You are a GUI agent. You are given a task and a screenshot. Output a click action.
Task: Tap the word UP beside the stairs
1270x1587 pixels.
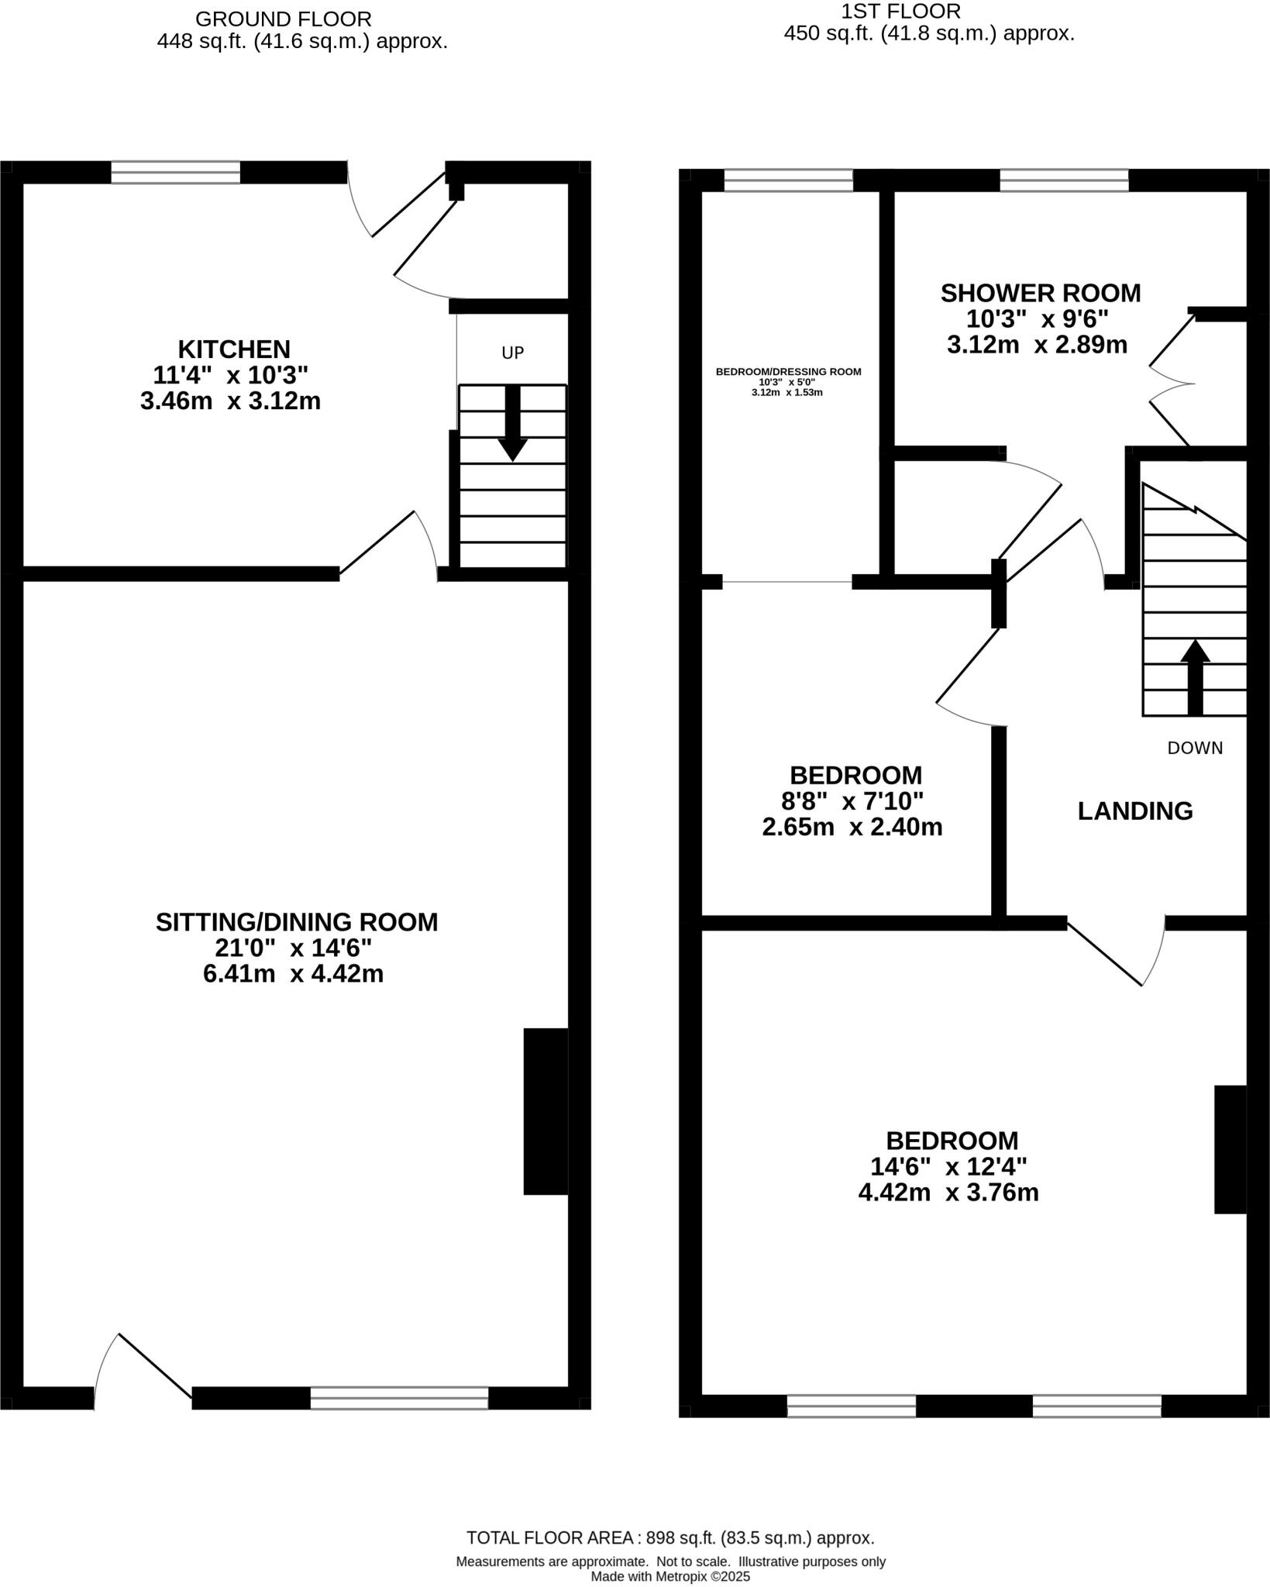pyautogui.click(x=513, y=353)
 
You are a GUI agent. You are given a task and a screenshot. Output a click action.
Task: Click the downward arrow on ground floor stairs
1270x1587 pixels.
pyautogui.click(x=512, y=425)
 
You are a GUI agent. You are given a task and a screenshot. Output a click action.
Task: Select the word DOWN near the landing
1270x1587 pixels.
pyautogui.click(x=1195, y=748)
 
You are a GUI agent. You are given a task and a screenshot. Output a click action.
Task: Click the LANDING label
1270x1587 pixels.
pyautogui.click(x=1135, y=811)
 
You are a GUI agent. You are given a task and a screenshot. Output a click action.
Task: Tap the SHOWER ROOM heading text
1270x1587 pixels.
pyautogui.click(x=1040, y=293)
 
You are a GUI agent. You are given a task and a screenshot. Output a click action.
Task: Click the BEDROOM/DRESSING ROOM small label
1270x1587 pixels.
pyautogui.click(x=788, y=371)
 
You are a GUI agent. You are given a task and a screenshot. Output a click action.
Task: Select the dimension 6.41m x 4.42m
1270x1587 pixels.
pyautogui.click(x=293, y=973)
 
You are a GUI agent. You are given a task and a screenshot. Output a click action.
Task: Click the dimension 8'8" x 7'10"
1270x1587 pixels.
pyautogui.click(x=852, y=800)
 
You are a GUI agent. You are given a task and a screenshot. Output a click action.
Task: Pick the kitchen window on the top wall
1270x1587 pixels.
pyautogui.click(x=175, y=172)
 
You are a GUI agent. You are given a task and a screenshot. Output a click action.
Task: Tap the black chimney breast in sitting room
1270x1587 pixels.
pyautogui.click(x=546, y=1111)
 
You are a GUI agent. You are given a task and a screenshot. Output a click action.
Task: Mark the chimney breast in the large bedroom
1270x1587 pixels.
pyautogui.click(x=1229, y=1148)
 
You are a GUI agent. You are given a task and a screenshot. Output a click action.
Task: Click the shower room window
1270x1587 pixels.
pyautogui.click(x=1064, y=180)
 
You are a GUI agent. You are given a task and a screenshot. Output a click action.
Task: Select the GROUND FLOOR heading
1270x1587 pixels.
pyautogui.click(x=283, y=19)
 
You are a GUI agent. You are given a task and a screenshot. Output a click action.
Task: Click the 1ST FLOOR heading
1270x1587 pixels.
pyautogui.click(x=900, y=11)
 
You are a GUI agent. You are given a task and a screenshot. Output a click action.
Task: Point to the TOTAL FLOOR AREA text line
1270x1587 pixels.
pyautogui.click(x=670, y=1537)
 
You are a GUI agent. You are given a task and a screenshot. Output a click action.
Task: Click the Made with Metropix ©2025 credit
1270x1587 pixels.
pyautogui.click(x=670, y=1576)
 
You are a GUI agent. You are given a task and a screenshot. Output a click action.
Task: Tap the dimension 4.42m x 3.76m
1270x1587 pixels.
pyautogui.click(x=948, y=1192)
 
